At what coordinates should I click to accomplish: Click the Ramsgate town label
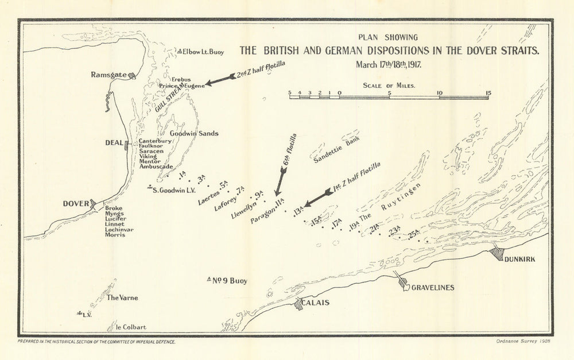(109, 75)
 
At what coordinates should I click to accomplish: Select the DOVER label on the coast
(76, 204)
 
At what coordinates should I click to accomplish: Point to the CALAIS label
(317, 303)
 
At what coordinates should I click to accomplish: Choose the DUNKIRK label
(519, 259)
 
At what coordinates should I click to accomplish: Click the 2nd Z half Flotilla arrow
(218, 81)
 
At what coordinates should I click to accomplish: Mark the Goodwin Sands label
(194, 133)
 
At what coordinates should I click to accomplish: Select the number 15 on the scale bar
(487, 92)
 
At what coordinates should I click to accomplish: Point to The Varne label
(122, 297)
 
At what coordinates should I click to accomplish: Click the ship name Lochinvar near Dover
(119, 229)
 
